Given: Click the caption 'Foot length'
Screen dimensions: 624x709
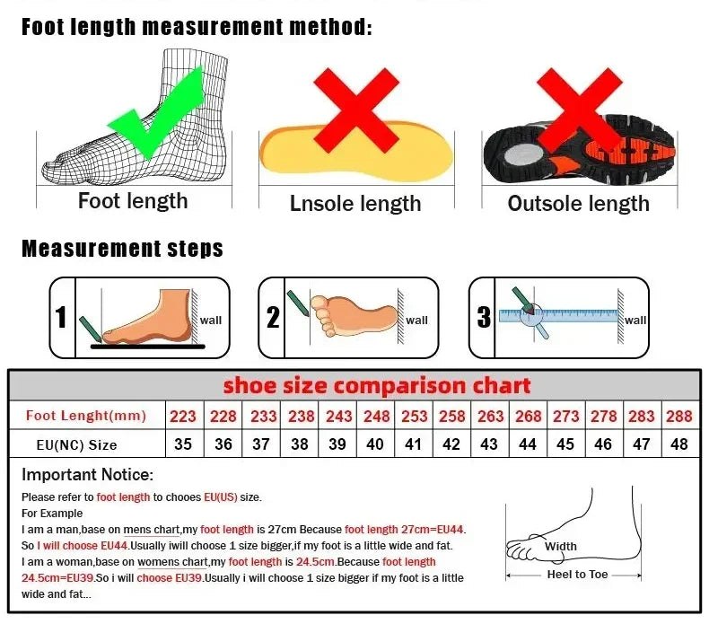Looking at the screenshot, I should point(133,200).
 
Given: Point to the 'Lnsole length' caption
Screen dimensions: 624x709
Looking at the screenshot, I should point(355,204).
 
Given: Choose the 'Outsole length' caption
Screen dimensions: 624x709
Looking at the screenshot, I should point(578,204).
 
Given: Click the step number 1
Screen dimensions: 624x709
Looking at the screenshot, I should point(61,317).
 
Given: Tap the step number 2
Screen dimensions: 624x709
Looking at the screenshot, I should point(273,317).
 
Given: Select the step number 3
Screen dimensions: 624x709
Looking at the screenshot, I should point(484,317).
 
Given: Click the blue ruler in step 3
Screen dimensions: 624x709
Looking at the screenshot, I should point(574,315).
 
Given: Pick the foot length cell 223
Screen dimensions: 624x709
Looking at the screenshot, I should point(183,416).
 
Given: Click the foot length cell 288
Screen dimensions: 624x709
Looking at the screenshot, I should point(679,416).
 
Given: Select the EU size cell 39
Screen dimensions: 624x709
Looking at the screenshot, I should point(338,444).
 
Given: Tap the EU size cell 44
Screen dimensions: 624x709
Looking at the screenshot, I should point(528,444).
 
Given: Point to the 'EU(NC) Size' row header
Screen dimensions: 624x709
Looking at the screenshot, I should point(77,444).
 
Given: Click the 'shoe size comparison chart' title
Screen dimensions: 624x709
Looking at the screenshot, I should point(377,386).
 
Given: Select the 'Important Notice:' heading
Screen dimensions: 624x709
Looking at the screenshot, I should point(88,475).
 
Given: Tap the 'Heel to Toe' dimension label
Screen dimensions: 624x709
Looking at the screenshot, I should point(578,575).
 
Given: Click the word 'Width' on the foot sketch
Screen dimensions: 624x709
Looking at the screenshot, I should point(561,546).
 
